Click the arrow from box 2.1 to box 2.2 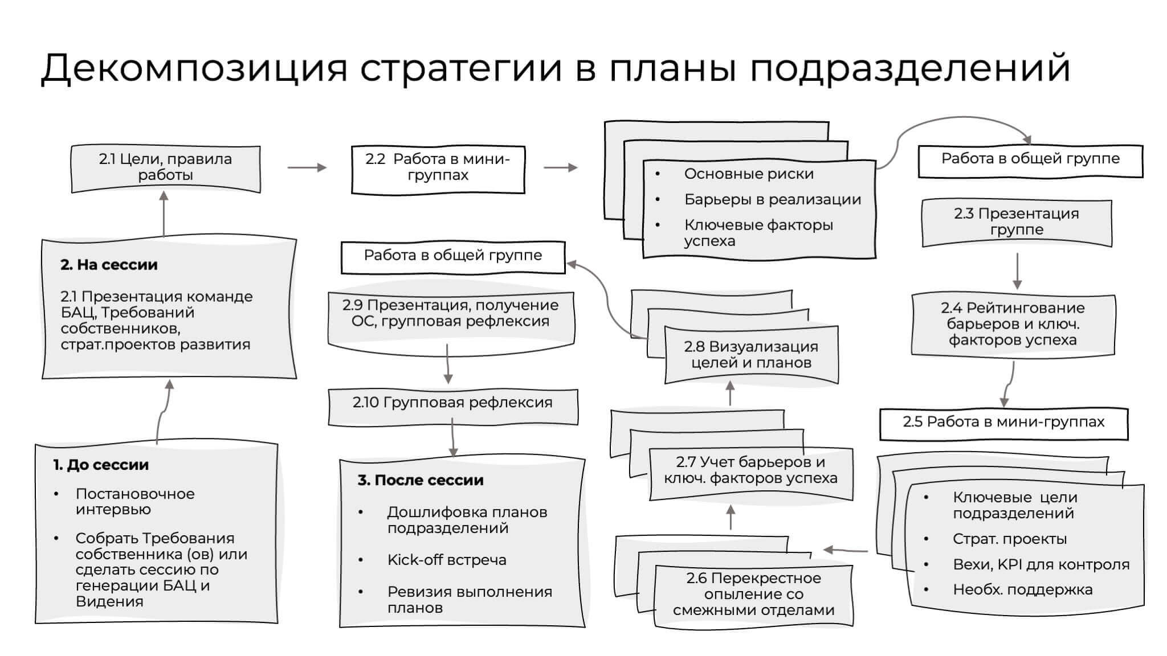307,167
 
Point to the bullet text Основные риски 749,174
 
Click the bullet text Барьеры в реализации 772,200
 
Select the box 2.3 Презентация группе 1017,222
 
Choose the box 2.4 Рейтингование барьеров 1013,324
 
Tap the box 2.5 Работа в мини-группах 1003,422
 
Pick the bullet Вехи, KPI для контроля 1041,565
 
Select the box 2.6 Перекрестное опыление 753,594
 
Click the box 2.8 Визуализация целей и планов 751,355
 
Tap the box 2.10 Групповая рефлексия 452,403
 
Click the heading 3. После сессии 421,481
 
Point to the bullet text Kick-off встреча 447,560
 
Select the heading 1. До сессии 101,465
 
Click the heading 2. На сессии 109,265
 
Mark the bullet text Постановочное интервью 135,502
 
